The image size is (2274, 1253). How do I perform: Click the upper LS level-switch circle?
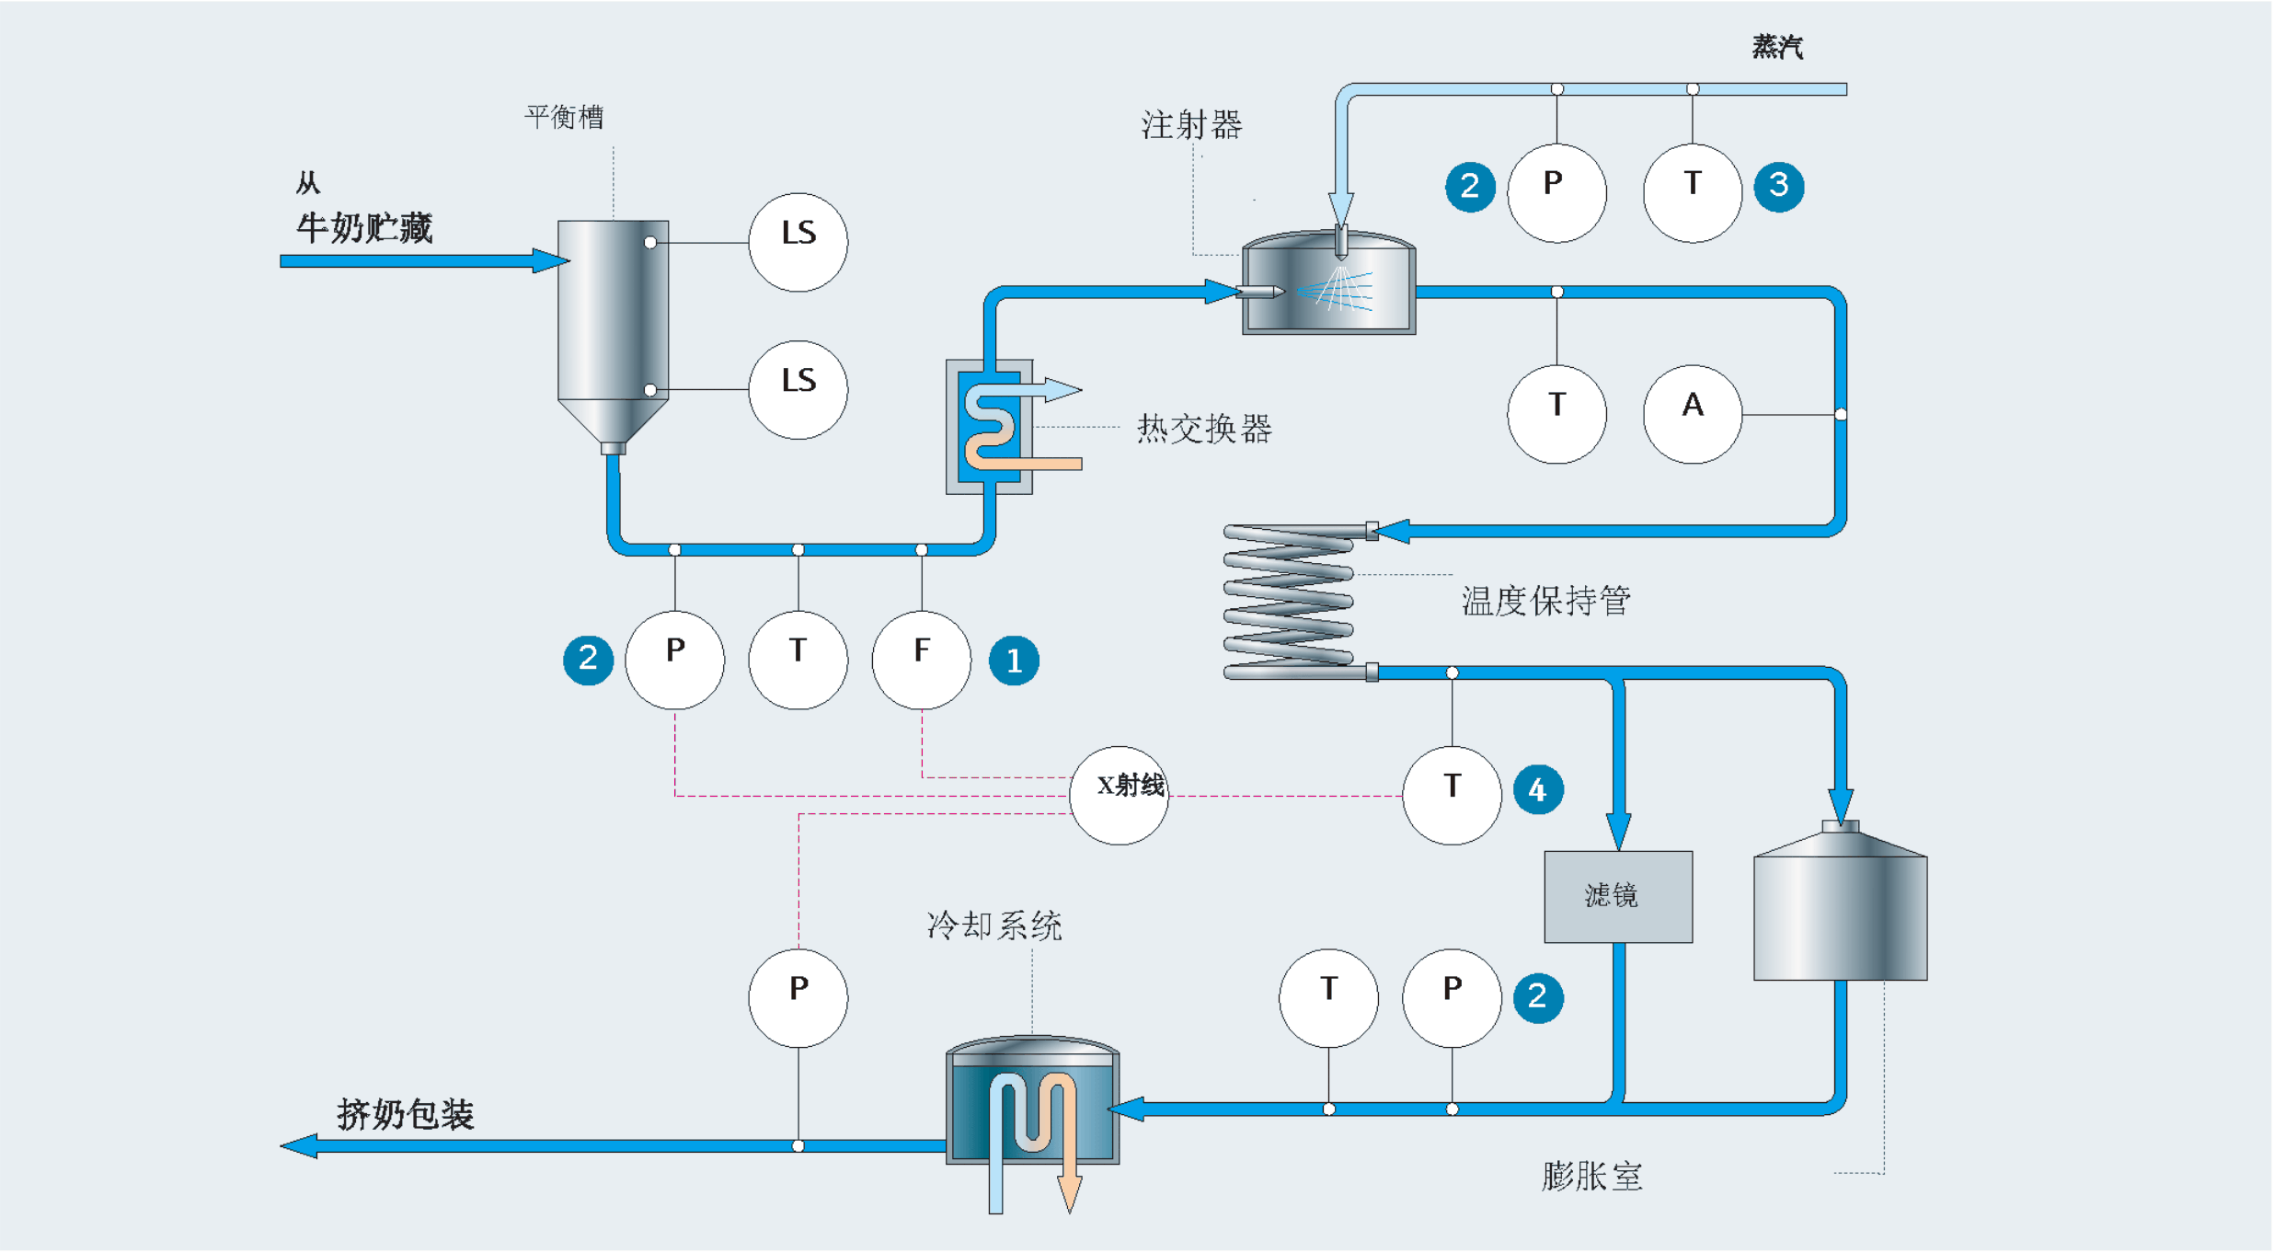(798, 242)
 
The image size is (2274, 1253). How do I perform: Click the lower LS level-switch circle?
(798, 390)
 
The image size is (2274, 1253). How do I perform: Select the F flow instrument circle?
(921, 660)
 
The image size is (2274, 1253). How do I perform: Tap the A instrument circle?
(1692, 414)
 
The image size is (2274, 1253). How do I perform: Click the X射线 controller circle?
(1119, 795)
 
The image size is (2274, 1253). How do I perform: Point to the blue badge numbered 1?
(1014, 661)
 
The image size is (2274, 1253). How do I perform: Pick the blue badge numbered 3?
(1778, 187)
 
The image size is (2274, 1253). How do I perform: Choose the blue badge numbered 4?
(1537, 789)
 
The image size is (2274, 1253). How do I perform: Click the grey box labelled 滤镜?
(1617, 896)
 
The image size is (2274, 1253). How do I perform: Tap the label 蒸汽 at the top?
(1777, 47)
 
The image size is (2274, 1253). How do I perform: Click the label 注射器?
(1191, 125)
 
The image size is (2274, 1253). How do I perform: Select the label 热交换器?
(1204, 429)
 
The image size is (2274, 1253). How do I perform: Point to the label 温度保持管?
(1545, 601)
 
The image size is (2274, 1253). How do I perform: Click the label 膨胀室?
(1591, 1177)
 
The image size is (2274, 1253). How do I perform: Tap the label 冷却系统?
(993, 925)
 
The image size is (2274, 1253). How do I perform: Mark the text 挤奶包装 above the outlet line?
(405, 1114)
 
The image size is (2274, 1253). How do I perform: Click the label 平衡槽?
(564, 117)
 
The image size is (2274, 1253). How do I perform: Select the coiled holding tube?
(1290, 602)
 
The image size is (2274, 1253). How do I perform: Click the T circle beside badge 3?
(1692, 193)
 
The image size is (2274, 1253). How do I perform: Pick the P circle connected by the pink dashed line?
(798, 997)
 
